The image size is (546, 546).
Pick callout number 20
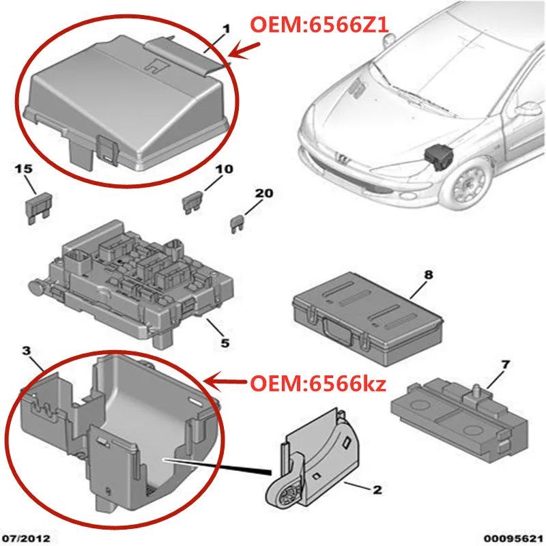point(264,193)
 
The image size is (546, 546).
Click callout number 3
point(27,351)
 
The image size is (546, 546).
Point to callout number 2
point(376,489)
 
